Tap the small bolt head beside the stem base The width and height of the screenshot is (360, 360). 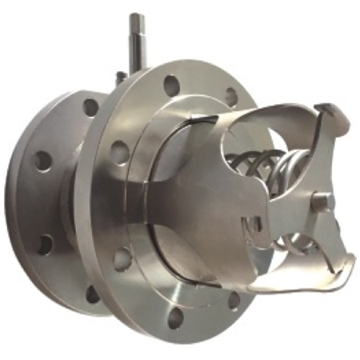point(121,77)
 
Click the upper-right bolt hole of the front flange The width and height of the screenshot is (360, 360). point(230,97)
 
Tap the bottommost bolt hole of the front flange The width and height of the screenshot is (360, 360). point(175,317)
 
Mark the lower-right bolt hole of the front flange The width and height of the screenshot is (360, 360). point(234,301)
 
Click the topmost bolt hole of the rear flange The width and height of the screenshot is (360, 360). point(91,106)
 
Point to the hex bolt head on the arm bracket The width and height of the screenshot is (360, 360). point(322,203)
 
